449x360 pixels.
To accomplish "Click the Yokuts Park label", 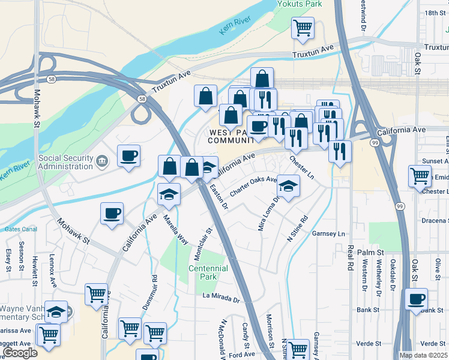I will coord(300,4).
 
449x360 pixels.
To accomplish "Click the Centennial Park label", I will coord(208,273).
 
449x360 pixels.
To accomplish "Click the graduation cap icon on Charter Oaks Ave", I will coord(289,186).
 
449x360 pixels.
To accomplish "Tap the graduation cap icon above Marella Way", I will coord(169,194).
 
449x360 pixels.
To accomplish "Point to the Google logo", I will coord(20,353).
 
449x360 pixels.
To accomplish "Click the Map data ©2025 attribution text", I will coord(424,355).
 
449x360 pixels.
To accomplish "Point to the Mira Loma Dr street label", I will coord(268,210).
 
